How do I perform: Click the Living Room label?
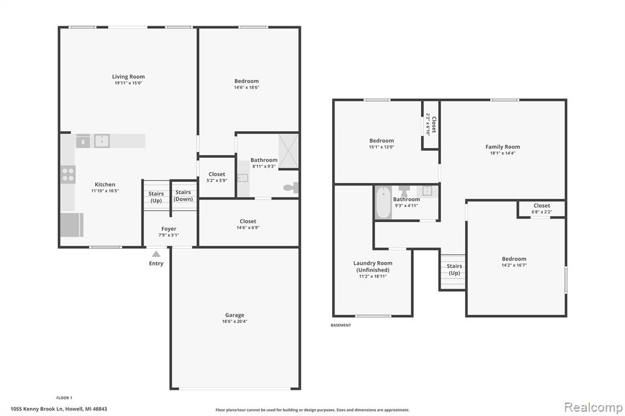(x=128, y=76)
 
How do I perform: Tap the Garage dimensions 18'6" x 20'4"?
(x=234, y=321)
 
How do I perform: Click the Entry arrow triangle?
(x=156, y=254)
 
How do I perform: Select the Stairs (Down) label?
(x=183, y=196)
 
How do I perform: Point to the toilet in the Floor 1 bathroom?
(x=291, y=187)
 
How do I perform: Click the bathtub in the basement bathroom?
(x=383, y=203)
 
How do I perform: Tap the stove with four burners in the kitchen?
(x=68, y=174)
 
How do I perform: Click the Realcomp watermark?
(x=593, y=407)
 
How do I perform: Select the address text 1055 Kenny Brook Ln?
(x=37, y=409)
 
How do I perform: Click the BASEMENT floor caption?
(x=341, y=325)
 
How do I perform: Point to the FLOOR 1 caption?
(x=64, y=398)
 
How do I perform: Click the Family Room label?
(x=503, y=146)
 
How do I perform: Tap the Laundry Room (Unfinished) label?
(x=373, y=266)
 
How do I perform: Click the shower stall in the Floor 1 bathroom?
(x=288, y=151)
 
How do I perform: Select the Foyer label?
(x=168, y=229)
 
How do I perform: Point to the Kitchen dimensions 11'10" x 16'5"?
(x=105, y=191)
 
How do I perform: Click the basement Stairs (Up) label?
(x=454, y=270)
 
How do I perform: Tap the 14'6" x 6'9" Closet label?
(x=248, y=221)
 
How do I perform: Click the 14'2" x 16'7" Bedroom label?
(x=514, y=259)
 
